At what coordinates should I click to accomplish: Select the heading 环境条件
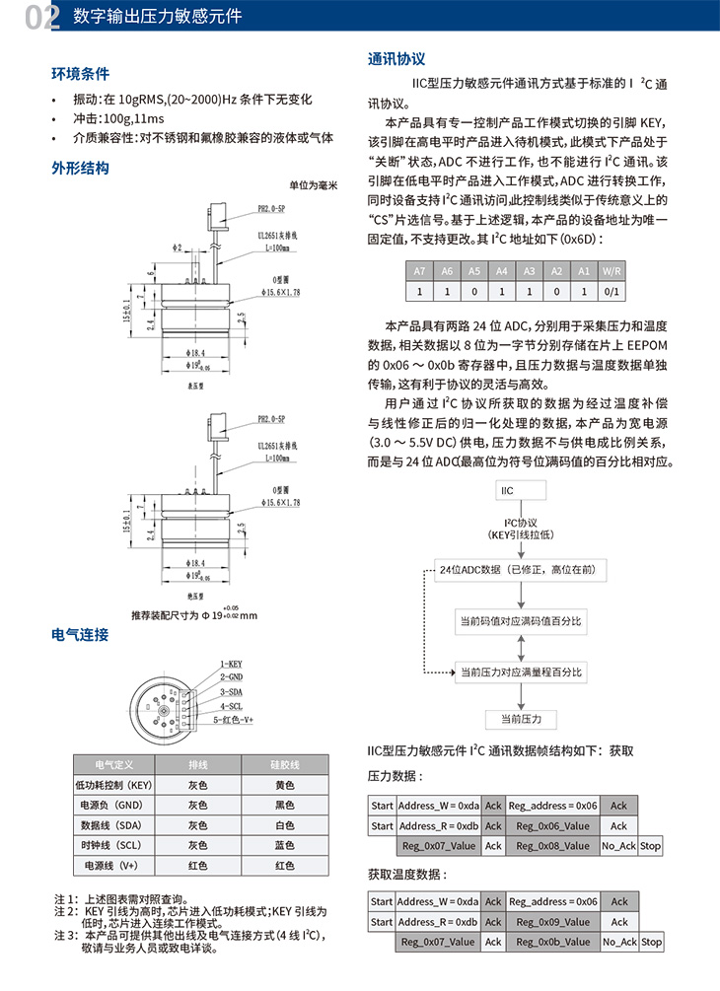click(x=80, y=74)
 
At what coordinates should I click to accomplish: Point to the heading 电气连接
click(x=80, y=634)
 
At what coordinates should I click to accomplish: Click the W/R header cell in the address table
click(x=612, y=270)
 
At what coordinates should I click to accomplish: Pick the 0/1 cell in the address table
click(x=612, y=292)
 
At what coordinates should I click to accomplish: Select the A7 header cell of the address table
click(x=419, y=270)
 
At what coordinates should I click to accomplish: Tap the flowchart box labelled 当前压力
click(x=521, y=718)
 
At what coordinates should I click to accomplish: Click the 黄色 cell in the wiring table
click(x=285, y=785)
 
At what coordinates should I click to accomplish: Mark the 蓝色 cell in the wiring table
click(x=285, y=845)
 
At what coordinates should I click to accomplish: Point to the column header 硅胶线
click(x=285, y=764)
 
